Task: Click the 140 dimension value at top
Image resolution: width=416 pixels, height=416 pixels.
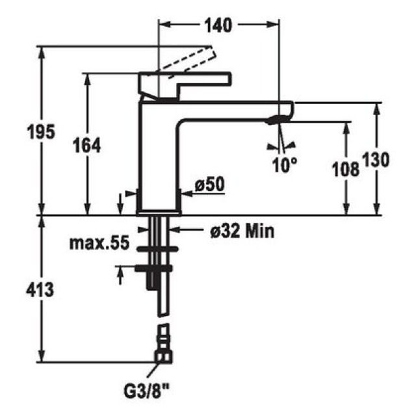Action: click(x=219, y=25)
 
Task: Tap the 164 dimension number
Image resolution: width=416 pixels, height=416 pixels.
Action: click(x=88, y=146)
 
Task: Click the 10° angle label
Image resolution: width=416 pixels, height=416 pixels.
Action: click(x=284, y=165)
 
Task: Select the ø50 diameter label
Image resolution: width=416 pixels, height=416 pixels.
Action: click(x=209, y=185)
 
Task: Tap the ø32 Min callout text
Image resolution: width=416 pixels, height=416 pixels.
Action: click(x=241, y=230)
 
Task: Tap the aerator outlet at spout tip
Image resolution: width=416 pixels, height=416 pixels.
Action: click(x=278, y=119)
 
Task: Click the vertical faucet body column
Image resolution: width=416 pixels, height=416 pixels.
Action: click(x=159, y=162)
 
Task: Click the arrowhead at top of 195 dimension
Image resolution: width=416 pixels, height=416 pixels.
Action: click(x=43, y=52)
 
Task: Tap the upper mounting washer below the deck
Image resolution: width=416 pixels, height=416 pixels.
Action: click(x=156, y=248)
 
